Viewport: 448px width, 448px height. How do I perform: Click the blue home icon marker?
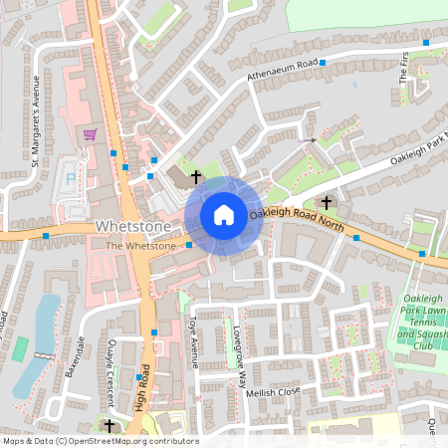[x=224, y=215]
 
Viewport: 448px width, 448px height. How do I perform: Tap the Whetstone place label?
[x=127, y=227]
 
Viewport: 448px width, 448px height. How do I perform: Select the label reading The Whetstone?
[x=140, y=245]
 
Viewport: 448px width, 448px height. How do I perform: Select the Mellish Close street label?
[x=273, y=393]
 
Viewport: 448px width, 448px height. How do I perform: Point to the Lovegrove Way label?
[x=239, y=353]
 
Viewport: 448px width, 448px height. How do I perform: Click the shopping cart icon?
[x=91, y=134]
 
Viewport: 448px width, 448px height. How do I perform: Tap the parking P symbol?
[x=70, y=177]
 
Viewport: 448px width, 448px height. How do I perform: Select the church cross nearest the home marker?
[x=196, y=177]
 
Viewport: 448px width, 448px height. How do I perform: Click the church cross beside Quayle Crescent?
[x=110, y=425]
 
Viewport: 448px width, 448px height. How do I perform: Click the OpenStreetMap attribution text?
[x=100, y=441]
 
